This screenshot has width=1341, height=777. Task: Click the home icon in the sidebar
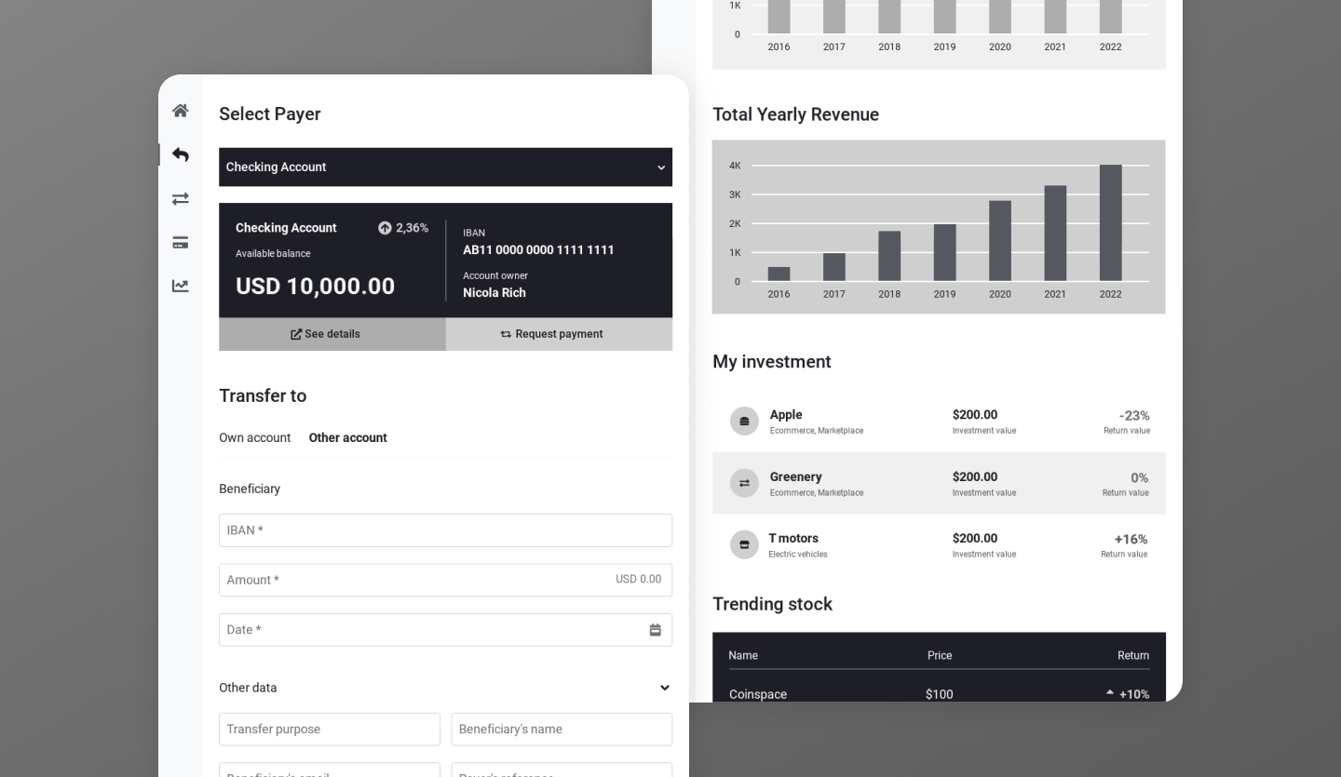pos(181,111)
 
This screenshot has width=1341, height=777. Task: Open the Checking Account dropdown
pos(445,167)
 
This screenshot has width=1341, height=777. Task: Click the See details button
pos(332,334)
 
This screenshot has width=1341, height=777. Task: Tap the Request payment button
pos(559,334)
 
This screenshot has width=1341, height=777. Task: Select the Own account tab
pos(254,437)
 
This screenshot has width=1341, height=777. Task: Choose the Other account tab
pos(347,437)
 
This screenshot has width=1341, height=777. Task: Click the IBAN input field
pos(445,530)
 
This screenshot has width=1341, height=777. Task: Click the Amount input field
pos(410,580)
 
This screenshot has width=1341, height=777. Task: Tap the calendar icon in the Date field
pos(655,630)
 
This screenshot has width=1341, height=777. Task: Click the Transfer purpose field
pos(329,730)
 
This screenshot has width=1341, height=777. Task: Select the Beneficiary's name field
pos(562,730)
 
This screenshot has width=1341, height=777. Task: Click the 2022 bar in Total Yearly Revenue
pos(1110,223)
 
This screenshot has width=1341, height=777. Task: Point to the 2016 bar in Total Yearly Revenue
pos(779,274)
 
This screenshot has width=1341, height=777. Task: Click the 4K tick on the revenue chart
pos(735,166)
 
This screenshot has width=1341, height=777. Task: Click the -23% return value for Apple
pos(1133,416)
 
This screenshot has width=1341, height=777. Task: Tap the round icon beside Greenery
pos(744,483)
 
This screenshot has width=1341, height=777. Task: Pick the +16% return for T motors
pos(1131,540)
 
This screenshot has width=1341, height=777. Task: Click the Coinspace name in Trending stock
pos(758,694)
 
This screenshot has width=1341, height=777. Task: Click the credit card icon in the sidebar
pos(181,243)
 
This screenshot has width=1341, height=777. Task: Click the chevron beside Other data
pos(664,688)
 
